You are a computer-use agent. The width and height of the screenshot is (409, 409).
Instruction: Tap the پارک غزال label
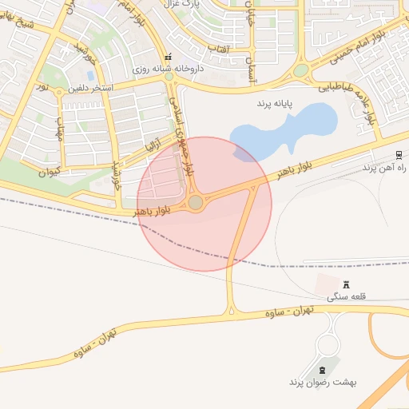(x=181, y=4)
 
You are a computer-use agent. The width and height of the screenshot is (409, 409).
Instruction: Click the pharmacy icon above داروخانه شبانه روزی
(x=168, y=58)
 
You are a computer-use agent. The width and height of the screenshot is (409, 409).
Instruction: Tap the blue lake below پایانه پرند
(x=284, y=128)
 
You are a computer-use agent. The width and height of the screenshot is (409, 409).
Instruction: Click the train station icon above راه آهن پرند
(x=399, y=155)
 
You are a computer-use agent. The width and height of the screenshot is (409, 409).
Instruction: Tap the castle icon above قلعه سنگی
(x=346, y=284)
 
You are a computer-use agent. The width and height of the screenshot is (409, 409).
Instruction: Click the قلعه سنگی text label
(x=346, y=296)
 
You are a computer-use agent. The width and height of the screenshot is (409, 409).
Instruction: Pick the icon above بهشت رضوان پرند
(x=323, y=369)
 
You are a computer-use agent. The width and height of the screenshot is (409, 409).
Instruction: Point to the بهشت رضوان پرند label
(x=323, y=382)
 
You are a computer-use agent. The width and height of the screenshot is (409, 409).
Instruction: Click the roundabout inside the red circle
(x=196, y=203)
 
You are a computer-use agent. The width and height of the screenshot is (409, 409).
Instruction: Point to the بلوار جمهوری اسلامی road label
(x=182, y=134)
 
